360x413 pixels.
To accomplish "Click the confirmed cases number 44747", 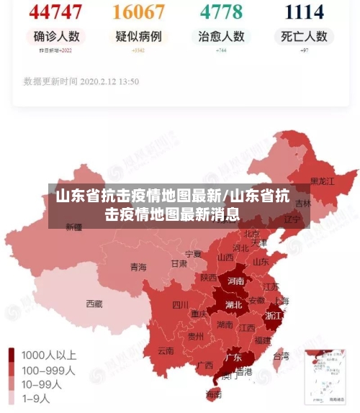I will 56,12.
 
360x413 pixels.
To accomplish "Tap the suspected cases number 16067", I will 138,12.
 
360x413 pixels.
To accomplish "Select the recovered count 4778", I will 221,12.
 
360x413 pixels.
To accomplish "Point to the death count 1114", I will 304,12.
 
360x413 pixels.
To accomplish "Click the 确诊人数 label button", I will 56,36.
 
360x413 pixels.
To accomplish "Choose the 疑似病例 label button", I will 138,36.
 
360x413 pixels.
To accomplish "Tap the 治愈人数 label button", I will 221,36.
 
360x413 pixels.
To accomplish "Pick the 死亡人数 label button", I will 304,36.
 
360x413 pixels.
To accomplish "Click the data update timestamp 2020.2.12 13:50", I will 81,81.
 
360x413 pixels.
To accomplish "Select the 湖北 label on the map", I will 233,304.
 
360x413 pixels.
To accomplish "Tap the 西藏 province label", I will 94,304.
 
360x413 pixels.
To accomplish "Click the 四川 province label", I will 180,304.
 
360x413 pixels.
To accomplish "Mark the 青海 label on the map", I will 138,267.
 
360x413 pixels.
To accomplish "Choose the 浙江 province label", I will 274,315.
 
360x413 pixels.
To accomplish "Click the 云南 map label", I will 166,351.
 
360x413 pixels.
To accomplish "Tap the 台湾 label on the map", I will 282,355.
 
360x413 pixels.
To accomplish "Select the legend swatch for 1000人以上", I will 12,355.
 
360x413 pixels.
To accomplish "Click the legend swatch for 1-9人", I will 12,398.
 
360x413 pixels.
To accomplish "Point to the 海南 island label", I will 214,394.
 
